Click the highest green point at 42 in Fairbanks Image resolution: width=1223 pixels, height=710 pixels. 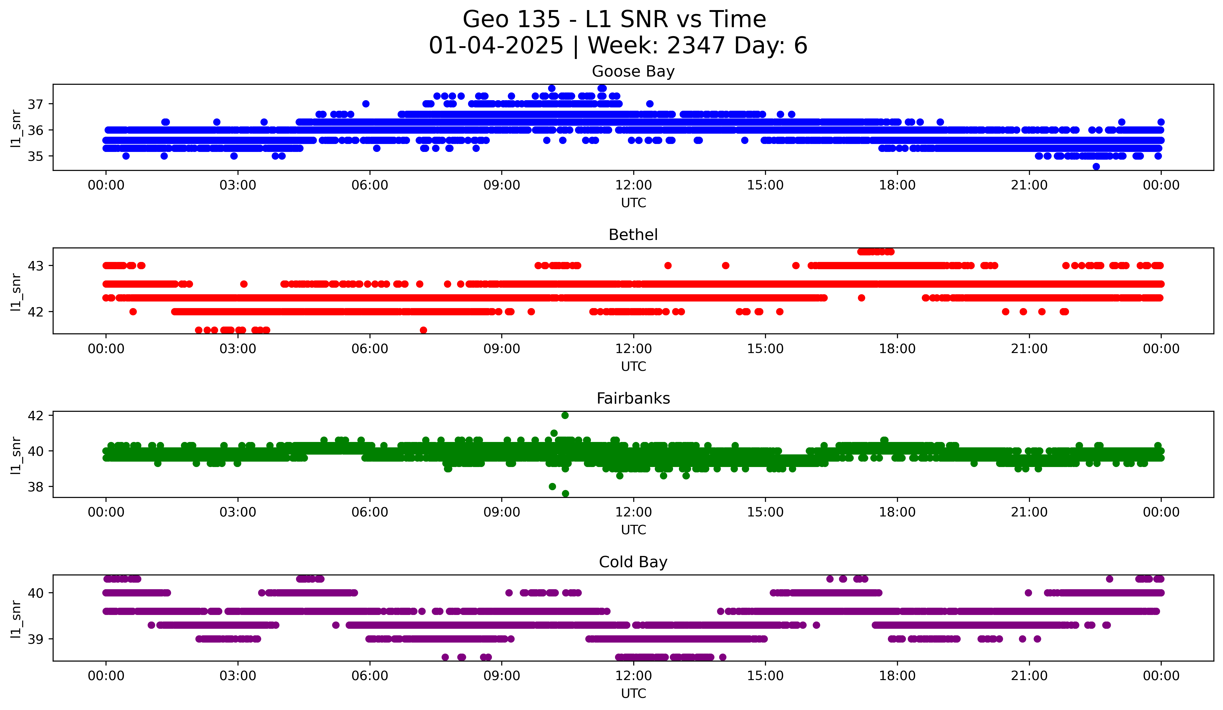tap(565, 416)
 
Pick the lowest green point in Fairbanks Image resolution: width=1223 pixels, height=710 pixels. tap(565, 493)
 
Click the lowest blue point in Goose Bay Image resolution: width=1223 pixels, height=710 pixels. tap(1096, 166)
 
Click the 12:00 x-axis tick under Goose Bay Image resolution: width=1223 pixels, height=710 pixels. tap(633, 185)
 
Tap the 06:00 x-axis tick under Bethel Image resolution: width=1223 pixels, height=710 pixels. tap(370, 349)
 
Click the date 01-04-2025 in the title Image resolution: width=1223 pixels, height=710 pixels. tap(496, 46)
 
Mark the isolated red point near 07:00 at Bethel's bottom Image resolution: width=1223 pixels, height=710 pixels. tap(423, 330)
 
